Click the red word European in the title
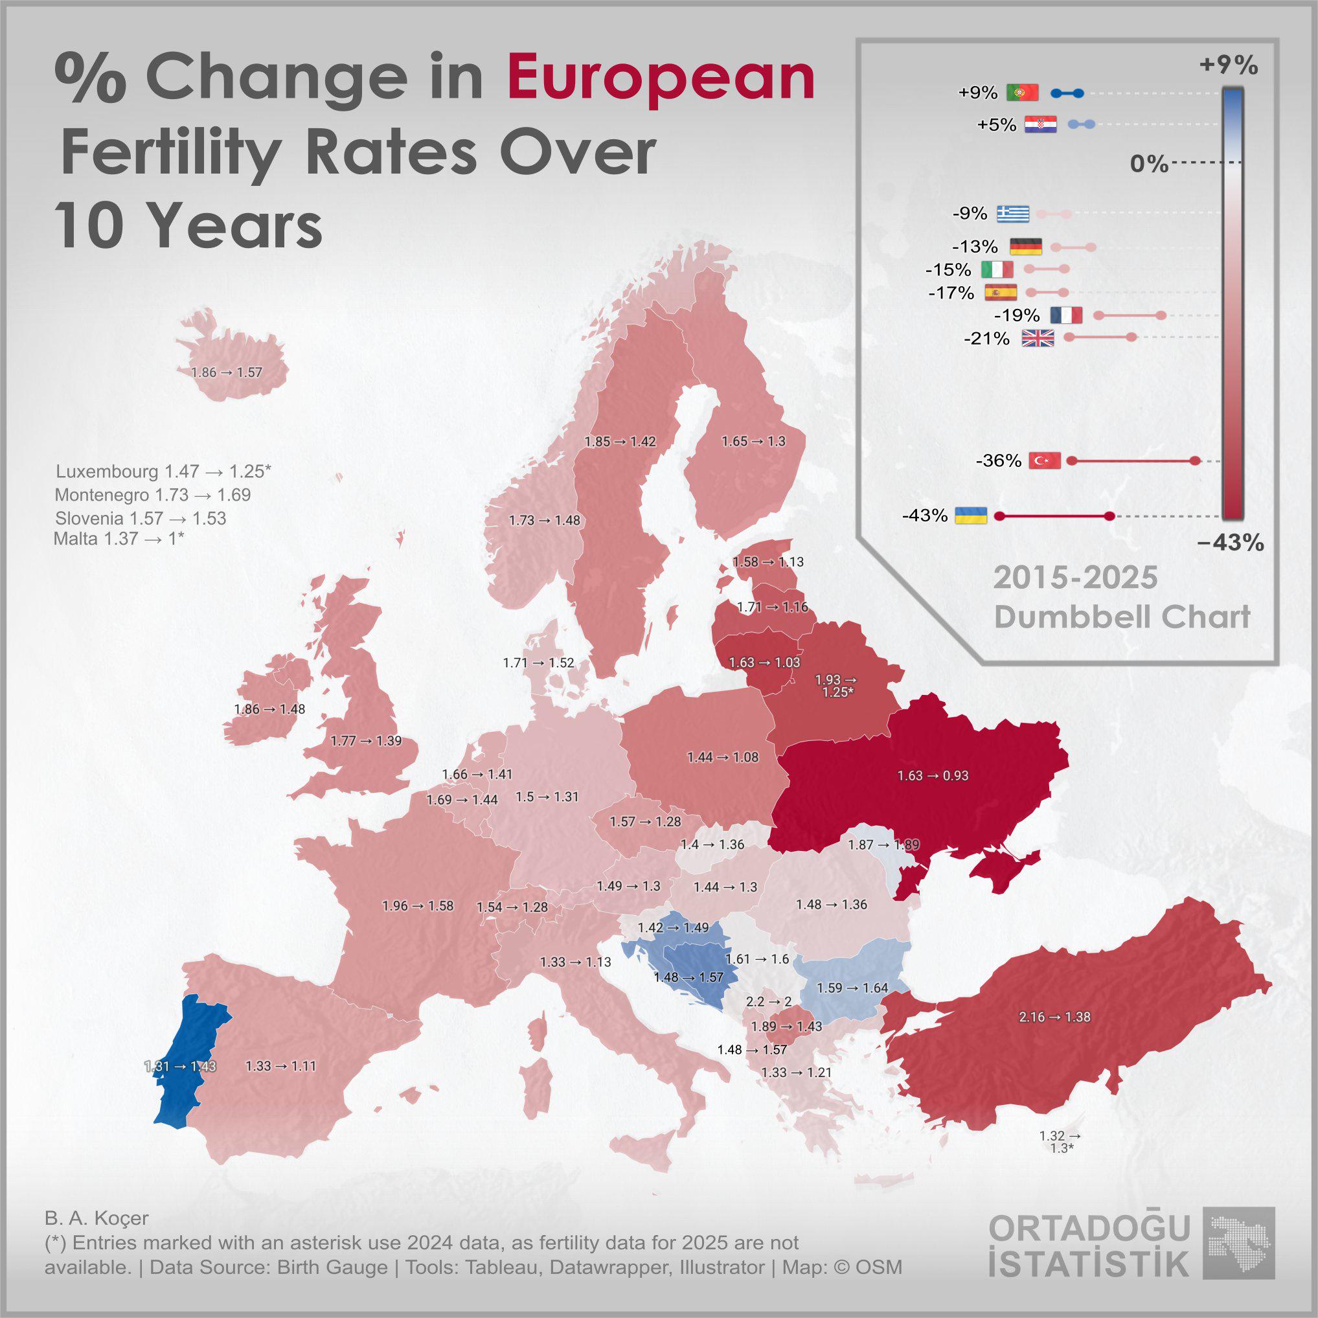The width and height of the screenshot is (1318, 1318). point(661,78)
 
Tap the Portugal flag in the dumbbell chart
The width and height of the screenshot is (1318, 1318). point(1022,92)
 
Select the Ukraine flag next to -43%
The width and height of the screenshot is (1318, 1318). point(971,515)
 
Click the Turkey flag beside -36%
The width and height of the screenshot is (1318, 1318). point(1045,460)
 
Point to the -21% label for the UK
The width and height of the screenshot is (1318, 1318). point(986,338)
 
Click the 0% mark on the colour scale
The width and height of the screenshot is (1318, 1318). point(1149,164)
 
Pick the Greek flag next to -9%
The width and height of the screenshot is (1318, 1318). point(1013,214)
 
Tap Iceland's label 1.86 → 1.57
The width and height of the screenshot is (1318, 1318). point(227,372)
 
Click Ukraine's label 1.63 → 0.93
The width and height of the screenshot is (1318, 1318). point(933,776)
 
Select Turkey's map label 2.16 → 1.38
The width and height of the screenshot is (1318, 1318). point(1054,1016)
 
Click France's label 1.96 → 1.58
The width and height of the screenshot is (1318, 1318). point(418,906)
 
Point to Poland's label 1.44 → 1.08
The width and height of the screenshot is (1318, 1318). point(722,757)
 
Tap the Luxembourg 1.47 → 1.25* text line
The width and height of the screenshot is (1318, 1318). point(163,472)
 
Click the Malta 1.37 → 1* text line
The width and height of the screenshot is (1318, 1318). point(119,539)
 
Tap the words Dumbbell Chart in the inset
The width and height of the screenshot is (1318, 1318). point(1122,617)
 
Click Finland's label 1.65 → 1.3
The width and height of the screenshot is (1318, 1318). point(754,441)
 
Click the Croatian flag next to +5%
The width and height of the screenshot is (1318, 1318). point(1040,124)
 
